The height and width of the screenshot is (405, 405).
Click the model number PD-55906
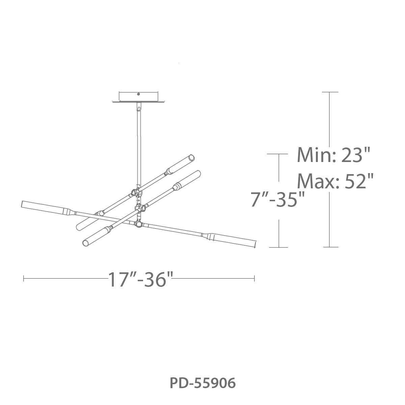tap(202, 383)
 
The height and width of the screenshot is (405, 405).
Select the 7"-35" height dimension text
tap(277, 200)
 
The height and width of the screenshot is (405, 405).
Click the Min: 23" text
tap(333, 155)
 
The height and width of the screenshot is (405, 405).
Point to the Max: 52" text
tap(335, 181)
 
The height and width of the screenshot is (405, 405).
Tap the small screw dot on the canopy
tap(138, 94)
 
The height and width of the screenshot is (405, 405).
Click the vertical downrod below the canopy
tap(139, 145)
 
